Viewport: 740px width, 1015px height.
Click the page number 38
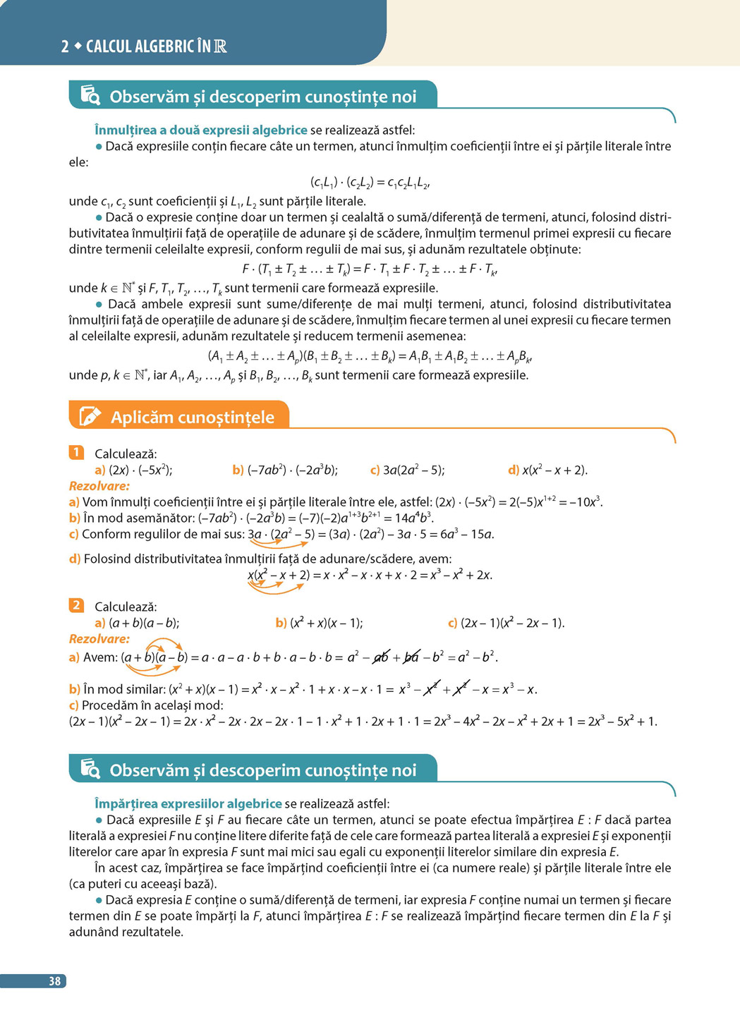coord(54,981)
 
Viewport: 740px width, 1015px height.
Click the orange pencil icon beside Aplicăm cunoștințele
coord(90,416)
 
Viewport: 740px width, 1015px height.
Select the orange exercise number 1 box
coord(76,453)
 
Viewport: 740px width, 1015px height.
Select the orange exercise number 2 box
coord(76,605)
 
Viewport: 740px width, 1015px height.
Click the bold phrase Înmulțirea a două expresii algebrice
coord(201,130)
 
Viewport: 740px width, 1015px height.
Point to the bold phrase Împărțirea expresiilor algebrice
coord(188,803)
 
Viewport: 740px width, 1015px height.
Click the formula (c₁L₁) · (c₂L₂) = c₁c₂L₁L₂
coord(370,183)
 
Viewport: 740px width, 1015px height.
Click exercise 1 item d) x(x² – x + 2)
coord(547,470)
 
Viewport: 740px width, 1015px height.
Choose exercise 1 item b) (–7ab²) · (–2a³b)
coord(285,470)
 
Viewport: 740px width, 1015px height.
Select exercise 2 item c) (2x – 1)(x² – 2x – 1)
coord(506,623)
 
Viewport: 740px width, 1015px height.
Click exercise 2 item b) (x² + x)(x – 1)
coord(319,623)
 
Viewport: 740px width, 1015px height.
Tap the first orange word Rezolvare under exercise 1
coord(99,486)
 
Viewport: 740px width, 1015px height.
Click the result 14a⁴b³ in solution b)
coord(413,518)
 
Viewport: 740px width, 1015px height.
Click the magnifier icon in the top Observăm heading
coord(90,95)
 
